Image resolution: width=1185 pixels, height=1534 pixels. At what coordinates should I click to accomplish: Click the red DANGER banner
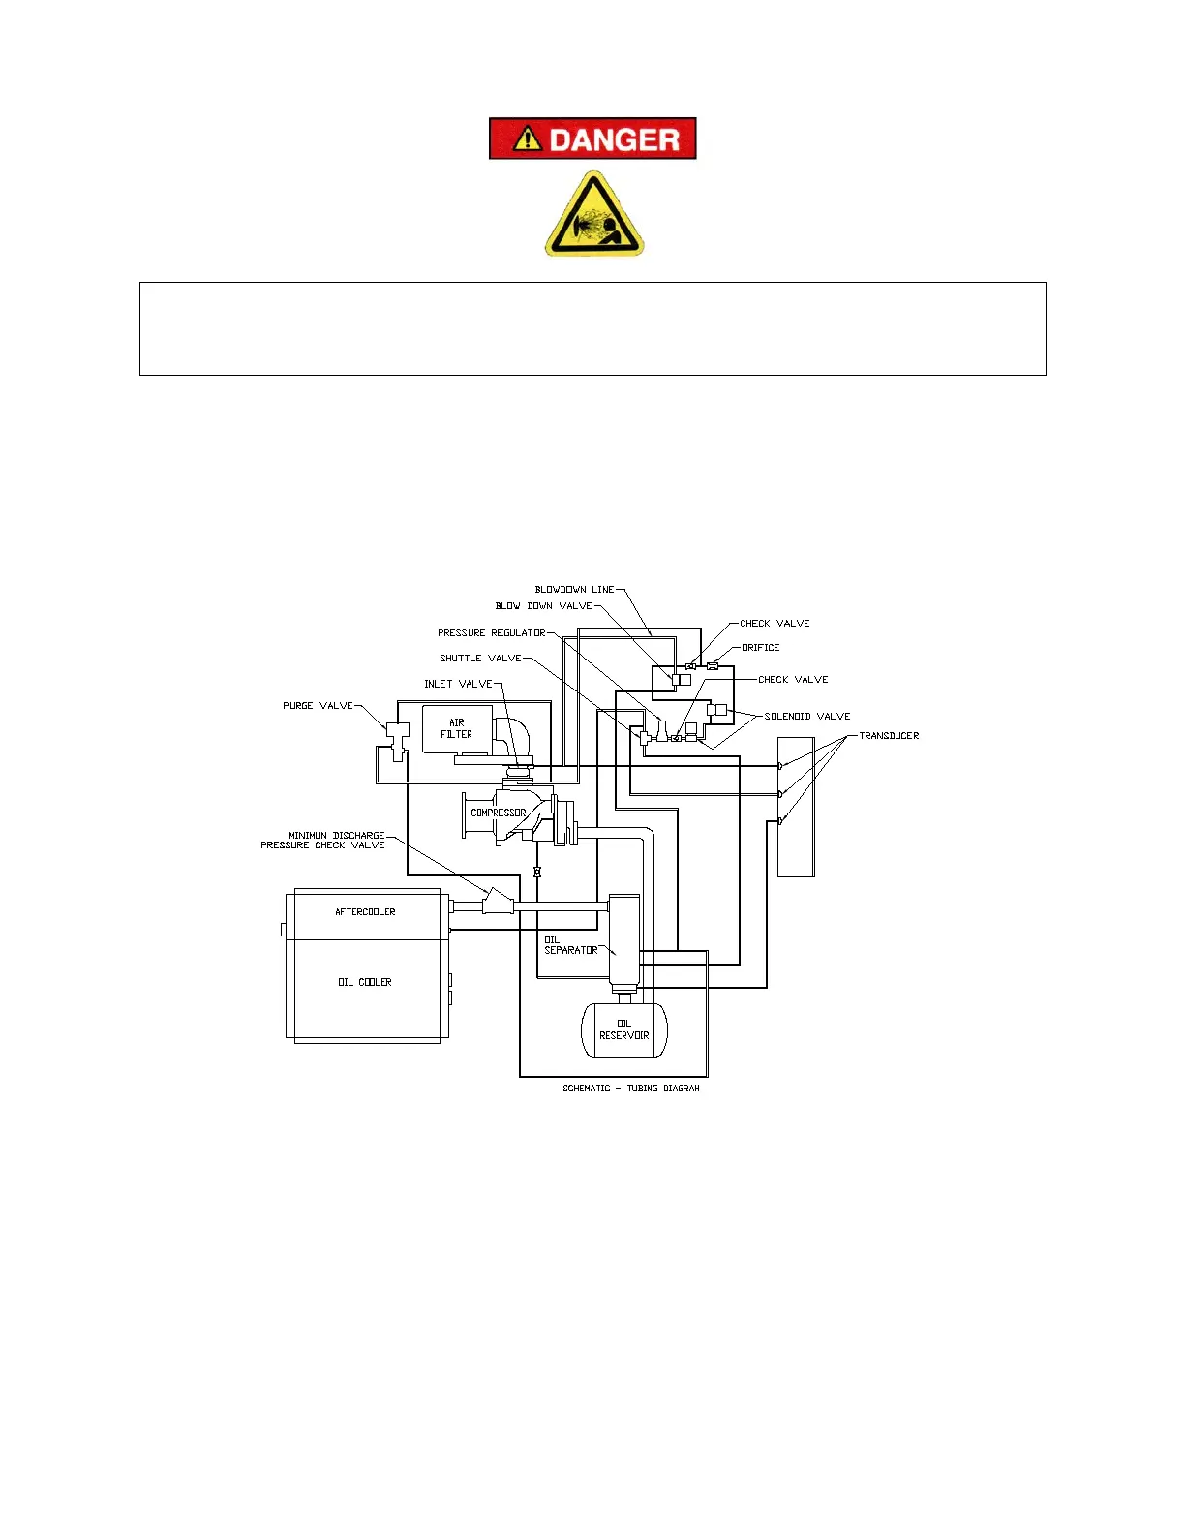click(x=592, y=138)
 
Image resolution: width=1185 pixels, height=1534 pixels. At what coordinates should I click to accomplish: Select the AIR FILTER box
click(x=457, y=728)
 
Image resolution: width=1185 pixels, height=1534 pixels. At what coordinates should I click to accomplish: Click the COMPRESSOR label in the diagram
click(x=498, y=813)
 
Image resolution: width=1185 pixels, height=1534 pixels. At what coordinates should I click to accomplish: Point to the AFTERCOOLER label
click(x=365, y=912)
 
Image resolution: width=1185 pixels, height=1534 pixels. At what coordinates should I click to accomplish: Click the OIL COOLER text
click(x=365, y=982)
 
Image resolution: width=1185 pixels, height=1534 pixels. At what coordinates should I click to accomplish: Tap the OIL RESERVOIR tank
click(x=624, y=1029)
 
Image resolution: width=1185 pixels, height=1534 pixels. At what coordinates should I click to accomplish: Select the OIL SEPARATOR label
click(x=570, y=945)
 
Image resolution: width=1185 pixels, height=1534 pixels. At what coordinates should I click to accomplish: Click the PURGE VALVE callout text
click(x=318, y=706)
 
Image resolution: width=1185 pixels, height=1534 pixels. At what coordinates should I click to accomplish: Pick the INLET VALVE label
click(x=458, y=684)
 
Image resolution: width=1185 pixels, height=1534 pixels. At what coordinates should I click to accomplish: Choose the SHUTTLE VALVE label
click(x=480, y=659)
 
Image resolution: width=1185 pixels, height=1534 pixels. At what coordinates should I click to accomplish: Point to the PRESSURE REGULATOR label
click(x=491, y=633)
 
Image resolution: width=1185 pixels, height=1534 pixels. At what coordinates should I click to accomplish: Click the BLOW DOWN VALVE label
click(x=543, y=606)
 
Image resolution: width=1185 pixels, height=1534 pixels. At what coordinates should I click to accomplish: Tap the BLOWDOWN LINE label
click(x=574, y=590)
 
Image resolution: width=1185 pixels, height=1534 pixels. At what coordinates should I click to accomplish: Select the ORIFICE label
click(x=761, y=648)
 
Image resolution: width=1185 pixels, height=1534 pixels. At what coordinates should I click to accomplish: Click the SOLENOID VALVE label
click(x=807, y=717)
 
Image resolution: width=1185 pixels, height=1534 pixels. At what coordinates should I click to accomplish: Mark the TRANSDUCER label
click(x=889, y=736)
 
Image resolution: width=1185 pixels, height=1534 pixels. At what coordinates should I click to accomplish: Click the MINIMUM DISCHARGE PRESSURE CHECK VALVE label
click(x=322, y=841)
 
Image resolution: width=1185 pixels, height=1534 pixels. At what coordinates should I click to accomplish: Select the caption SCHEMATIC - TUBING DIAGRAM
click(x=630, y=1089)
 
